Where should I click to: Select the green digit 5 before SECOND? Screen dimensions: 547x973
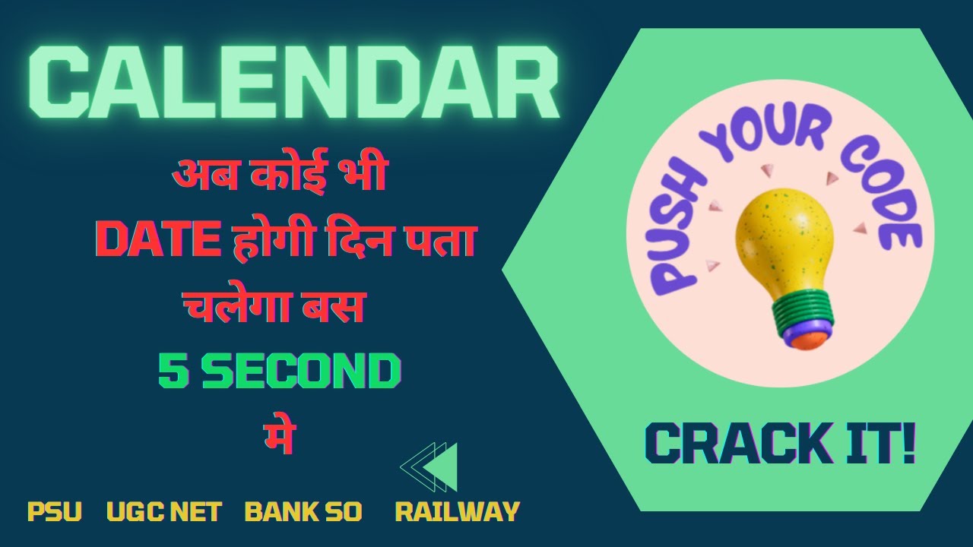[x=170, y=371]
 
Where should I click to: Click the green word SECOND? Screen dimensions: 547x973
[x=300, y=371]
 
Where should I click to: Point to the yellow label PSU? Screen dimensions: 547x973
[x=54, y=511]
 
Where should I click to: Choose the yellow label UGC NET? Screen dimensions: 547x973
[x=163, y=511]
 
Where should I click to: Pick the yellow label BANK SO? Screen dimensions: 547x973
[x=303, y=511]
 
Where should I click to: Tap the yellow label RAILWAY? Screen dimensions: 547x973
[x=457, y=511]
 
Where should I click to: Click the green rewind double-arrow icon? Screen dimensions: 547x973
[x=430, y=466]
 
